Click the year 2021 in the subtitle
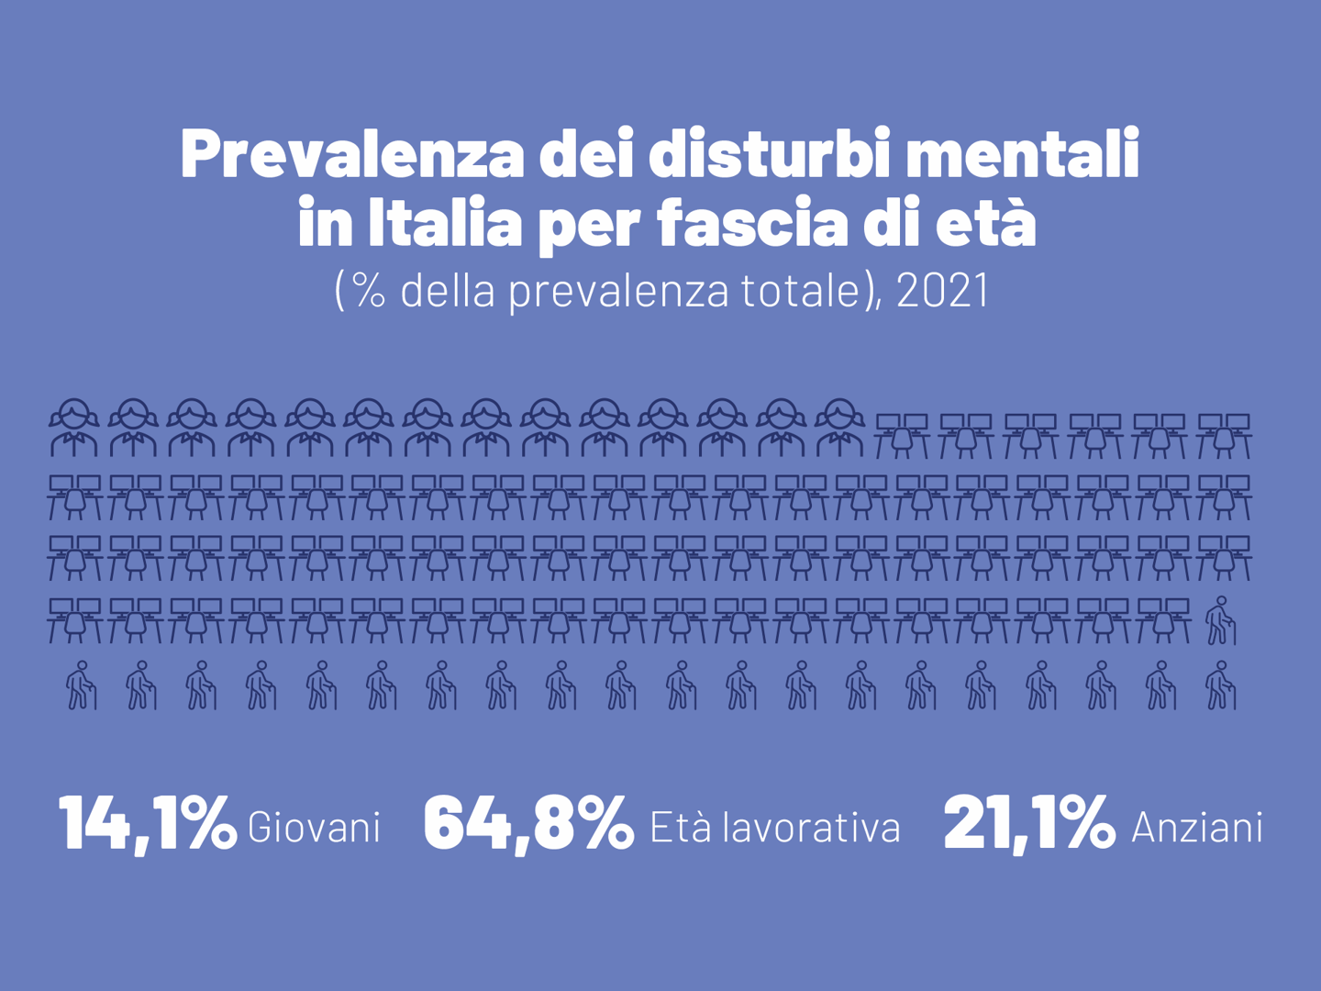942,290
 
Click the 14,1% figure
147,823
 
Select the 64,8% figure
528,823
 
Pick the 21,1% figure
1029,823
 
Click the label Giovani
314,828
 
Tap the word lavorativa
812,828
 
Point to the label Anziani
1197,828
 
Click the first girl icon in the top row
74,429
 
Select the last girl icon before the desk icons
839,429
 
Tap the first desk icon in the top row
902,436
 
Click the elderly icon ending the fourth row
1220,621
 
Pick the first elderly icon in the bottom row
81,685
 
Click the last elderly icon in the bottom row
1220,685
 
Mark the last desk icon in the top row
1224,436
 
